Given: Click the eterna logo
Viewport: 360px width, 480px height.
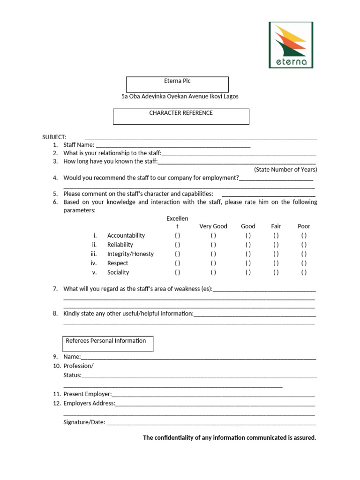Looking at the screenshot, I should click(291, 45).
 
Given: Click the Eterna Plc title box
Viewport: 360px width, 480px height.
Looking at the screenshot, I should click(177, 84).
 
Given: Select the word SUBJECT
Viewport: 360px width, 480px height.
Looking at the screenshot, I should click(54, 137).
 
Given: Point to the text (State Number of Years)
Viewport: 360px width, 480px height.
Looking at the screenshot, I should click(285, 170).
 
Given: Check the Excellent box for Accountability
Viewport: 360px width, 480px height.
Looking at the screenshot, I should click(178, 235).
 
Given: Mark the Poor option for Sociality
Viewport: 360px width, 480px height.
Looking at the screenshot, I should click(304, 272).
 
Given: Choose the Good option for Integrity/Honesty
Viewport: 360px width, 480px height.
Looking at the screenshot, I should click(248, 254).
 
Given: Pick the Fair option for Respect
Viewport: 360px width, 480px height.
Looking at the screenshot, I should click(276, 263).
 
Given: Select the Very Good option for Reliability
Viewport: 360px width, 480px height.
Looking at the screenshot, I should click(213, 245).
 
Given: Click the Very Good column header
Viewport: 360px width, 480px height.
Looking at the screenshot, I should click(213, 226).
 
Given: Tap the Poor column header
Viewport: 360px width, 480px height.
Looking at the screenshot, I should click(304, 226).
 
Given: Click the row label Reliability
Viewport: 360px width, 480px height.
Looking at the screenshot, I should click(120, 245).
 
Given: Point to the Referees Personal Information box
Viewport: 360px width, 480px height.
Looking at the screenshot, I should click(108, 344).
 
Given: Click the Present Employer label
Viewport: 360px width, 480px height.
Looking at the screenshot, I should click(88, 394).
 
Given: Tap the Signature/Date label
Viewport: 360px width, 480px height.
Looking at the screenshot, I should click(84, 422).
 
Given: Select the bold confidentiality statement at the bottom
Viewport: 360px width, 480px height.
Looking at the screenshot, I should click(230, 438).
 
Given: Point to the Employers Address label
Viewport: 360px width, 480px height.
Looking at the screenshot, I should click(89, 403).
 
